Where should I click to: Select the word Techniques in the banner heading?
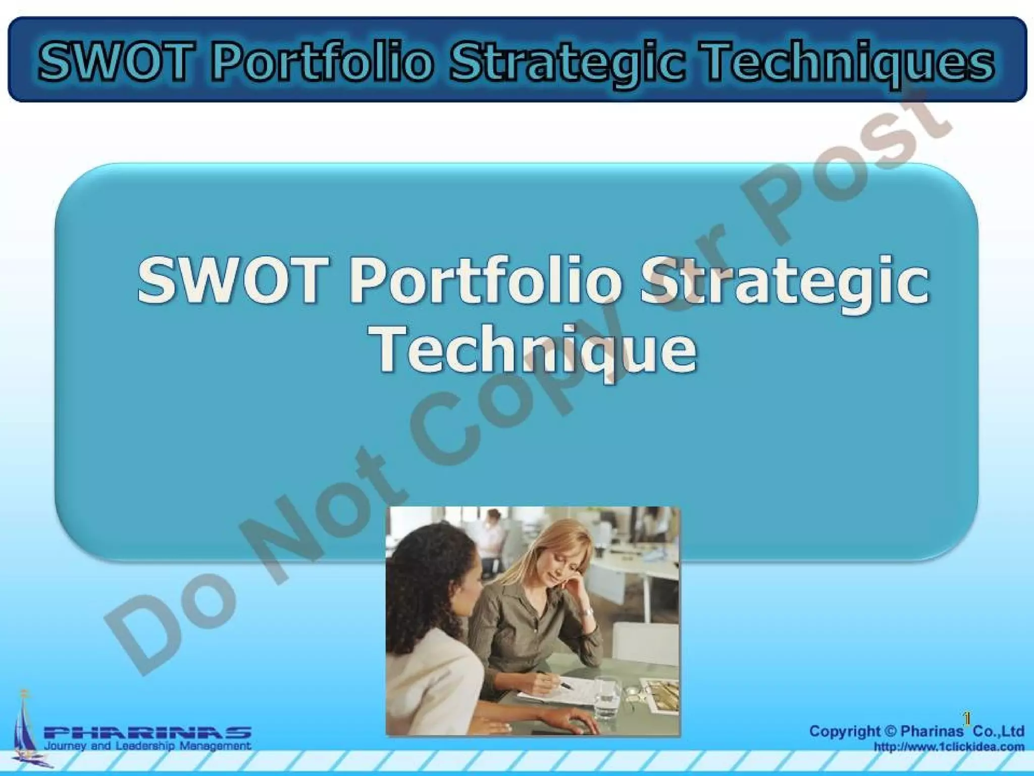click(x=848, y=63)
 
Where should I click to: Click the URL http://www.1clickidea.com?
click(x=949, y=746)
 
